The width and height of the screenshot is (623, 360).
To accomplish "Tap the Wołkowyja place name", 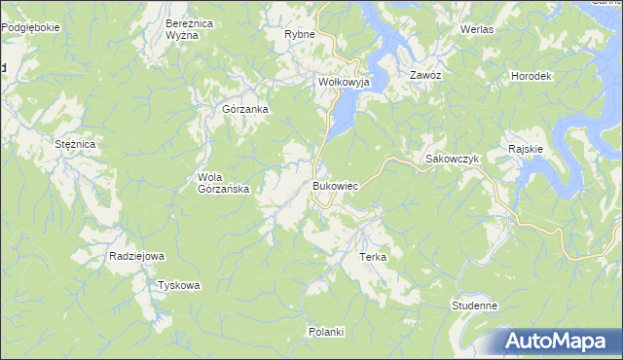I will (x=346, y=83).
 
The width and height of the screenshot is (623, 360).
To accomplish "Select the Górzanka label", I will (x=245, y=109).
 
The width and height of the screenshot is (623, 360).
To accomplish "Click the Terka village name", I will (x=374, y=257).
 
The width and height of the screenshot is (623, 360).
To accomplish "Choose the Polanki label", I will (x=326, y=332).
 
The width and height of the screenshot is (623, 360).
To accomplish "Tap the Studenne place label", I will (x=475, y=306).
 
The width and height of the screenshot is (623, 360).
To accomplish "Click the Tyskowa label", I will (x=179, y=285).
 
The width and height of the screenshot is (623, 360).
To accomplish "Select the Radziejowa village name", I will (x=137, y=256).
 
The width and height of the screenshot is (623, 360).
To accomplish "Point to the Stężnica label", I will (x=75, y=144).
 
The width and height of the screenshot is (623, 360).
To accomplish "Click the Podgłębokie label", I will (x=30, y=27).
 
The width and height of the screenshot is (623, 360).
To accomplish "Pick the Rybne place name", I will (x=299, y=34).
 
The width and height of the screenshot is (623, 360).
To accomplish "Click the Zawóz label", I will (x=426, y=75).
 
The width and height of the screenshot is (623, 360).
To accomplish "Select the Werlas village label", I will (x=477, y=29).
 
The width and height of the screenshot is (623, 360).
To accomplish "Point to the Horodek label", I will (x=531, y=76).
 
